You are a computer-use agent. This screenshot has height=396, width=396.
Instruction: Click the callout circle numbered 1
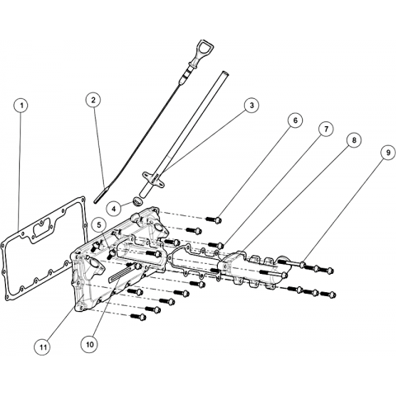click(21, 106)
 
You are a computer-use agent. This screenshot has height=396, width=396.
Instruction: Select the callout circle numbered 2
click(93, 100)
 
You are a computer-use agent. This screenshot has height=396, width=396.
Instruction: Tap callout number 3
click(252, 105)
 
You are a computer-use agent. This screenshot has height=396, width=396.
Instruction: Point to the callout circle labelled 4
click(115, 209)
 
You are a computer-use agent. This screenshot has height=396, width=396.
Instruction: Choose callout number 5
click(100, 225)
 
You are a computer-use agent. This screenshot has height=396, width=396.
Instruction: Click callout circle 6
click(295, 120)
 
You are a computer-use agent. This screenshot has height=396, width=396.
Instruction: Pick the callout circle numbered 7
click(326, 130)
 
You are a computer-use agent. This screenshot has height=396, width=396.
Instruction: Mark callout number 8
click(354, 140)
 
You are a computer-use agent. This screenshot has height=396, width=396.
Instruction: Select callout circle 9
click(388, 153)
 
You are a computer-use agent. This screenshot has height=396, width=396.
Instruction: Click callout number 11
click(43, 347)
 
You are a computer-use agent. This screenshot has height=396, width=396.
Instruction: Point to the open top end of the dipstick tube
click(224, 73)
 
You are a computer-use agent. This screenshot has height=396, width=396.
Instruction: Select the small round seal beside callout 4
click(138, 200)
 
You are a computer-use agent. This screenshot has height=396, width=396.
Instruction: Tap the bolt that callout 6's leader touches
click(214, 219)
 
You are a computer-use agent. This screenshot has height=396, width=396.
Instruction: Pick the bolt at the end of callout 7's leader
click(215, 244)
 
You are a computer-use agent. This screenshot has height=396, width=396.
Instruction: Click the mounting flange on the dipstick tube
click(153, 178)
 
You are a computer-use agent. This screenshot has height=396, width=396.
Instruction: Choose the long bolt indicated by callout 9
click(292, 263)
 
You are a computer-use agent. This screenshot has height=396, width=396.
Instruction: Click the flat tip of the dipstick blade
click(99, 195)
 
